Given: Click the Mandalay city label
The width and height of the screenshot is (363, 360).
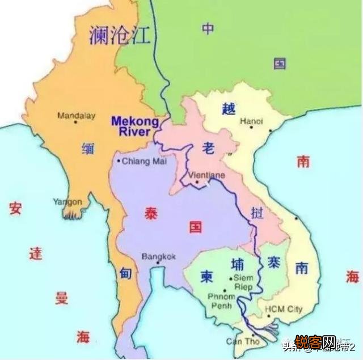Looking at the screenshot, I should pyautogui.click(x=75, y=115).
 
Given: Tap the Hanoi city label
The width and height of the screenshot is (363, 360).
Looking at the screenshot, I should pyautogui.click(x=252, y=121).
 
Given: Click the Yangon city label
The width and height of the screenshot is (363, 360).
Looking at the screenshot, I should pyautogui.click(x=67, y=202).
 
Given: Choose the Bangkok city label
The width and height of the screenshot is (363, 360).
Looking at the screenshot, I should pyautogui.click(x=159, y=256).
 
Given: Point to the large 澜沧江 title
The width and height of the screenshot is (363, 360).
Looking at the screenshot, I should pyautogui.click(x=120, y=35).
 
